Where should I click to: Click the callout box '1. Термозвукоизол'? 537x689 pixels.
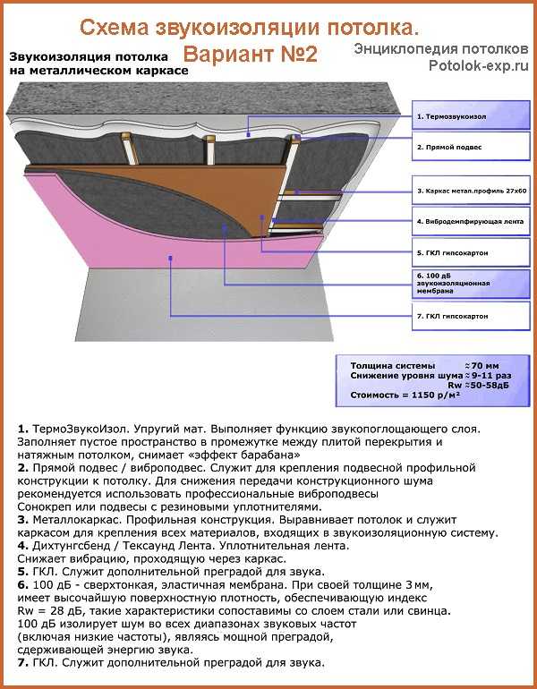(x=462, y=117)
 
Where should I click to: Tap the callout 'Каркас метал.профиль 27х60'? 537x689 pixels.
(x=462, y=191)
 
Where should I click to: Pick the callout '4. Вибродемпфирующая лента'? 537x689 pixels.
(x=462, y=220)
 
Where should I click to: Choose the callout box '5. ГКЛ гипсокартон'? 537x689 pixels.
(x=462, y=253)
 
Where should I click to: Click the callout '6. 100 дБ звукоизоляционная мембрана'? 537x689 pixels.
(x=462, y=282)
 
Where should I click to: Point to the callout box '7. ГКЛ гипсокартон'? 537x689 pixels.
(x=462, y=316)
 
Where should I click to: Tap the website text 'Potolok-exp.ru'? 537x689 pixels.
(x=473, y=65)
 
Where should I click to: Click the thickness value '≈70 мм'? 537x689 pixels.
(x=482, y=366)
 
